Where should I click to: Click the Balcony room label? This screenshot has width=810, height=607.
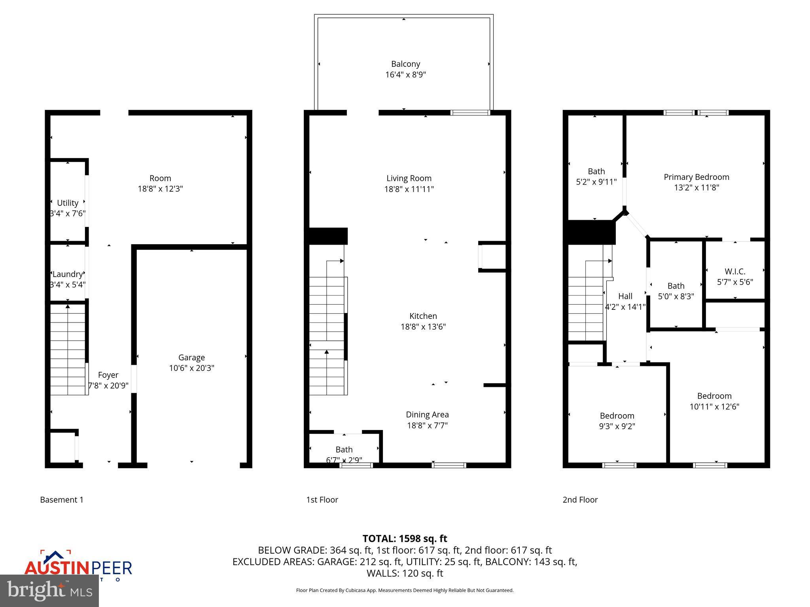click(405, 64)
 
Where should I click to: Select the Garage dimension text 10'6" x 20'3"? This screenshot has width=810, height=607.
click(191, 368)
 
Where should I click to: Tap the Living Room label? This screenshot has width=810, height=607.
click(409, 178)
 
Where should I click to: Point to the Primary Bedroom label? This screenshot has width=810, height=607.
click(696, 177)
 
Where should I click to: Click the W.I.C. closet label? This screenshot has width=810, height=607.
click(735, 271)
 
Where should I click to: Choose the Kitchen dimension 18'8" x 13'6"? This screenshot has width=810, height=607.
click(423, 326)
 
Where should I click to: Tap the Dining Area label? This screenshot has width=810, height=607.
click(427, 415)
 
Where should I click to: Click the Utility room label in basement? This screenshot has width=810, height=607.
click(68, 203)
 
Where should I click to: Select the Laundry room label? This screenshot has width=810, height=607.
click(68, 274)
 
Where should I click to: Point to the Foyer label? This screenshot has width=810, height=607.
click(108, 375)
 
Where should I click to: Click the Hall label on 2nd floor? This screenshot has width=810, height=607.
click(625, 296)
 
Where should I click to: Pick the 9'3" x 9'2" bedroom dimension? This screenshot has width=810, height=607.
click(617, 426)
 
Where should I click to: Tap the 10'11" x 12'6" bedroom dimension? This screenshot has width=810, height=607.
click(714, 406)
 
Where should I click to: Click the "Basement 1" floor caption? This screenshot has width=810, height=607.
click(62, 500)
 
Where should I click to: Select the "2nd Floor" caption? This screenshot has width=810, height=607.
click(580, 500)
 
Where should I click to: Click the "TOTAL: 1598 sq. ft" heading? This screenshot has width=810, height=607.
click(405, 539)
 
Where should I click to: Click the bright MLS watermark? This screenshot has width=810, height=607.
click(49, 590)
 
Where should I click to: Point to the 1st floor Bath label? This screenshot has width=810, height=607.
click(344, 449)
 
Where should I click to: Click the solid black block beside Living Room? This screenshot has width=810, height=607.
click(328, 236)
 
